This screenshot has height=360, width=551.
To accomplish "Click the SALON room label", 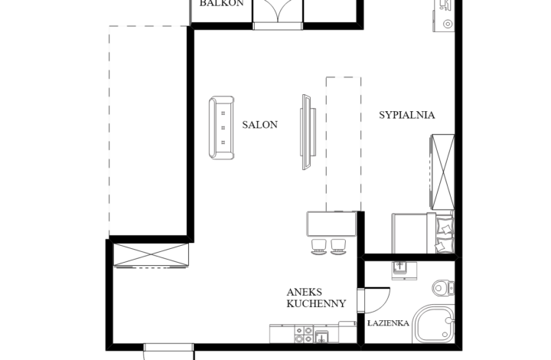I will coord(259,124).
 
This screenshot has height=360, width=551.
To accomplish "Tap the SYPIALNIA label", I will coord(407,115).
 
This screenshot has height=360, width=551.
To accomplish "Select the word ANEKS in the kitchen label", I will coord(305,292).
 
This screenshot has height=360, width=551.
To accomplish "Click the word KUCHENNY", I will coord(316,303).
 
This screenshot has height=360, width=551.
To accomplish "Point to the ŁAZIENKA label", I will coord(388,323).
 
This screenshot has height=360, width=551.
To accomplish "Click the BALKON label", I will coord(221,4).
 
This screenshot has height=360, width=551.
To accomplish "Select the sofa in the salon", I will coord(222,127).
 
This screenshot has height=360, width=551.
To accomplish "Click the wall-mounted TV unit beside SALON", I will coord(307,132).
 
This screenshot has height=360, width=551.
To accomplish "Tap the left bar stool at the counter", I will coord(319,246).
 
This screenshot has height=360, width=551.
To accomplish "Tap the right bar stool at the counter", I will coord(338,246).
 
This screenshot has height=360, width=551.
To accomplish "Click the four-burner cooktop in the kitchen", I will coord(304,335).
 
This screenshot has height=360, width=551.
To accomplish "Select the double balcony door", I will coord(278,13).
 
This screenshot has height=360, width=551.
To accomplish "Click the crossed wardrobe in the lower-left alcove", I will coord(151,254).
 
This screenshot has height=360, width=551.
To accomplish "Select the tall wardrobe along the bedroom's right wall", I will coord(443,171).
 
